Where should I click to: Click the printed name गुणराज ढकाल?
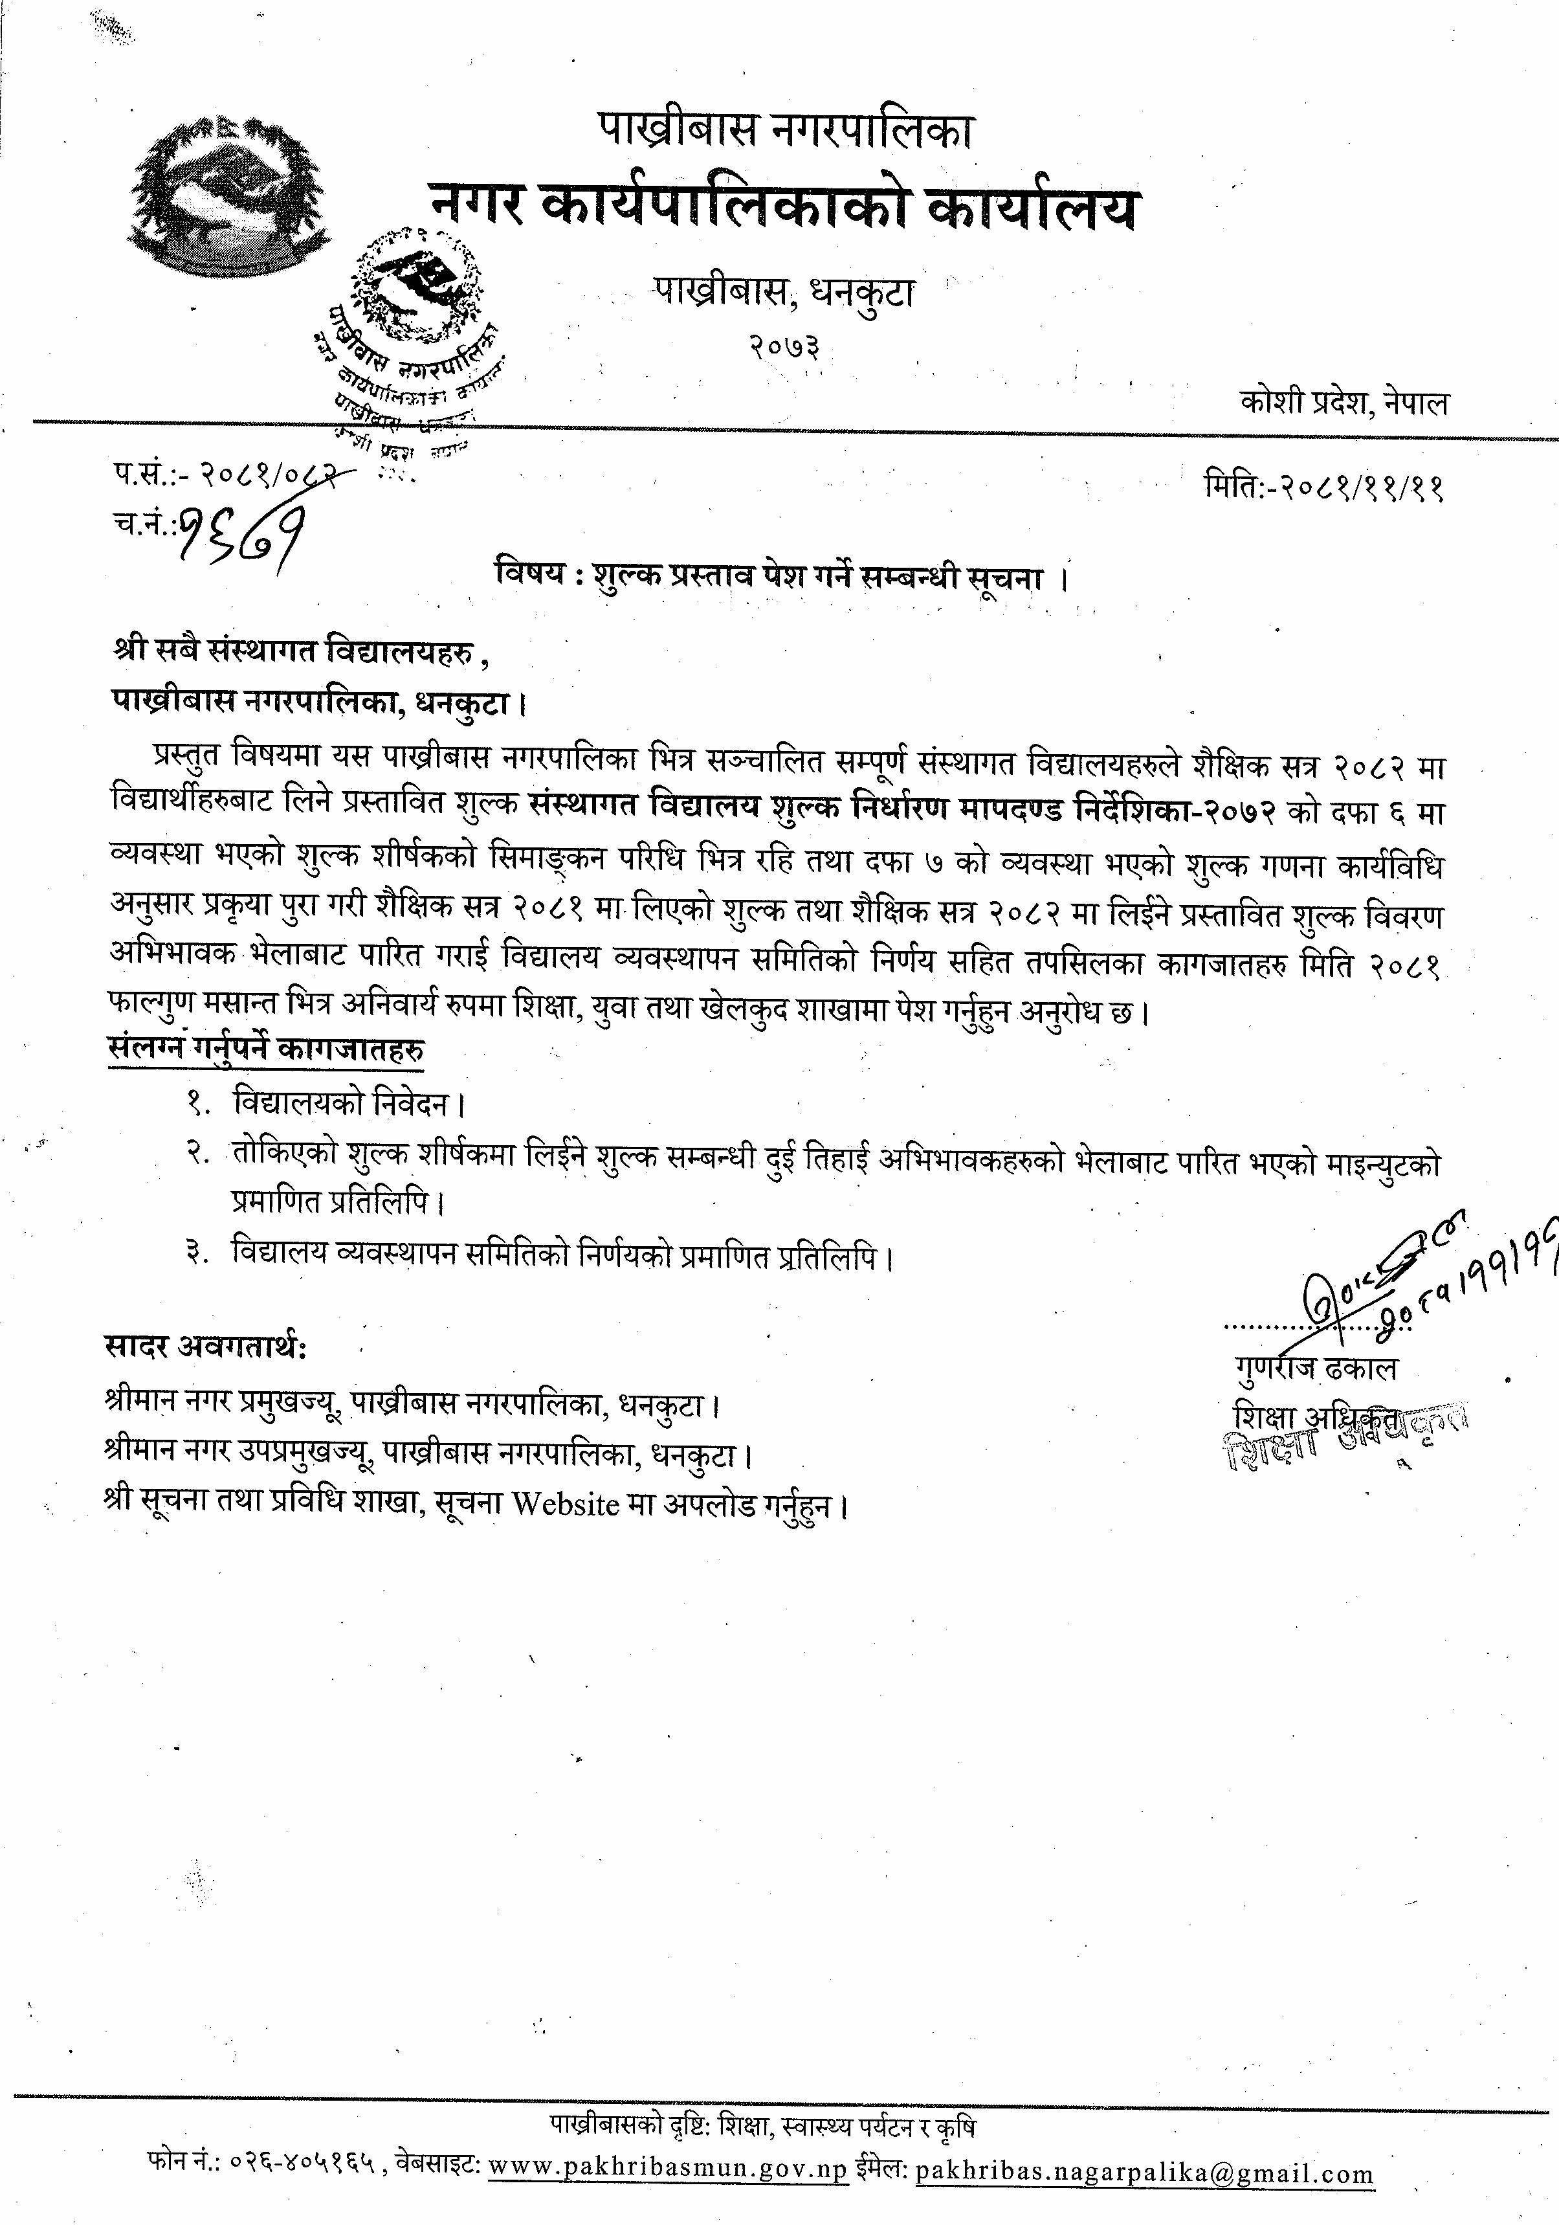coord(1316,1369)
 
